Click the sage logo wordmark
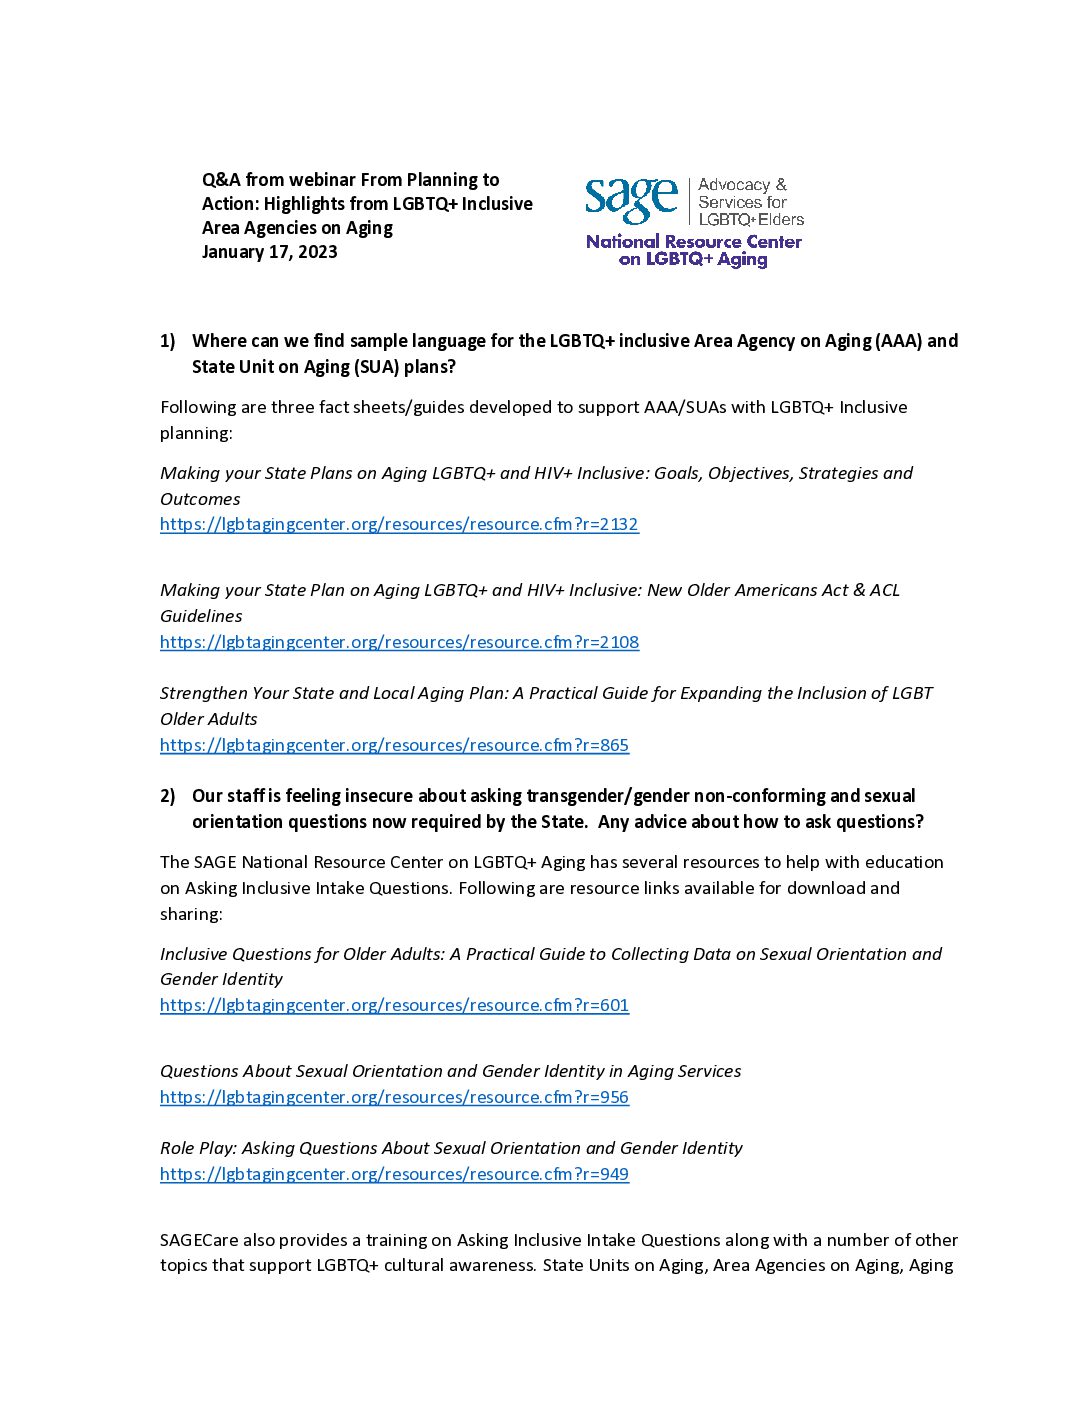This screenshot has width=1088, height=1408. coord(631,200)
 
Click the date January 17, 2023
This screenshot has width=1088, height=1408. coord(269,252)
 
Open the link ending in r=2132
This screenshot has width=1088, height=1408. coord(399,524)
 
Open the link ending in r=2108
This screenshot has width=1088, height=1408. coord(399,642)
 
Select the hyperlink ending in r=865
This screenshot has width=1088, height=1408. coord(394,745)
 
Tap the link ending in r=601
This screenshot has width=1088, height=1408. coord(394,1005)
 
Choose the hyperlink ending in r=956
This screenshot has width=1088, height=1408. coord(394,1097)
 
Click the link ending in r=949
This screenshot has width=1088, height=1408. coord(394,1174)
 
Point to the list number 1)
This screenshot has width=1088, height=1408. coord(168,341)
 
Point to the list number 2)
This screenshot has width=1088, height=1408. coord(168,796)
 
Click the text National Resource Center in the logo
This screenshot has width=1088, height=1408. coord(694,241)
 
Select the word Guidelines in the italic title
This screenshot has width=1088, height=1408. coord(201,616)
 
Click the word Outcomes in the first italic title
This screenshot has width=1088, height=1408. coord(200,499)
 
